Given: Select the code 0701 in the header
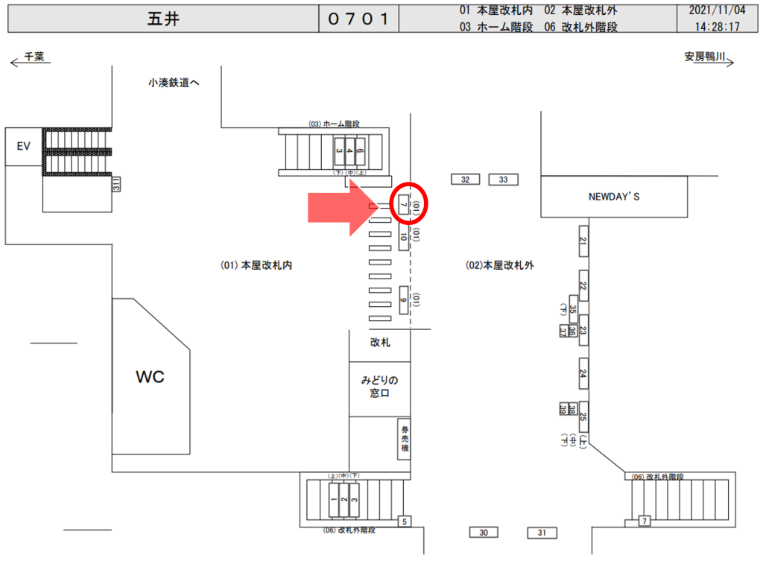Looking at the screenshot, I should pyautogui.click(x=358, y=19).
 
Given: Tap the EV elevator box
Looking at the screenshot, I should pyautogui.click(x=23, y=146).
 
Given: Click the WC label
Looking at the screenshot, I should pyautogui.click(x=150, y=377).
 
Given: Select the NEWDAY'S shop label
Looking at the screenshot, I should pyautogui.click(x=614, y=197).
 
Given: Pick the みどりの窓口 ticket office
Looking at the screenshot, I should pyautogui.click(x=380, y=387).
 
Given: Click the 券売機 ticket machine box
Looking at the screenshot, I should pyautogui.click(x=405, y=439).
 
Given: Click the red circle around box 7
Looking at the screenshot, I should pyautogui.click(x=411, y=203).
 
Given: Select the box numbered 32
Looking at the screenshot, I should pyautogui.click(x=466, y=180).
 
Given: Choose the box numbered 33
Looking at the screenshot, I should pyautogui.click(x=503, y=180).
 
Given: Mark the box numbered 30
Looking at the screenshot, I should pyautogui.click(x=484, y=533).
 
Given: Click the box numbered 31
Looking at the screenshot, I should pyautogui.click(x=542, y=533).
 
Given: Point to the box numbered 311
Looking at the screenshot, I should pyautogui.click(x=116, y=183).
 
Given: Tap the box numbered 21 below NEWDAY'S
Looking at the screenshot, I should pyautogui.click(x=583, y=241).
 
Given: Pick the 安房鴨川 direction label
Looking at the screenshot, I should pyautogui.click(x=707, y=57).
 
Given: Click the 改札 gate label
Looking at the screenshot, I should pyautogui.click(x=380, y=342).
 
